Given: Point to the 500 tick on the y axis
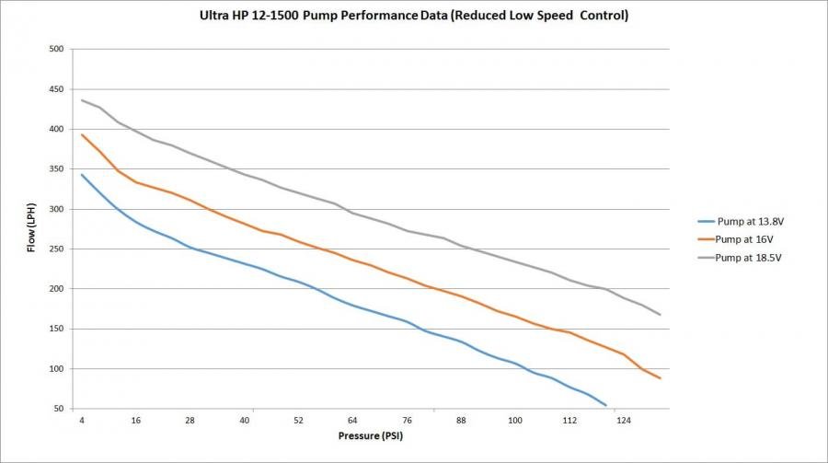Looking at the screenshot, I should pyautogui.click(x=56, y=49).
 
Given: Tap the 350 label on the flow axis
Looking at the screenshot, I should pyautogui.click(x=56, y=169).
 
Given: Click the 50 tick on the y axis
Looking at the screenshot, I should pyautogui.click(x=59, y=409).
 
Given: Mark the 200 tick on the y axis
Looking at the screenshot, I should pyautogui.click(x=56, y=289).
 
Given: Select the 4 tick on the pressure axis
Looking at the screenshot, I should pyautogui.click(x=82, y=421).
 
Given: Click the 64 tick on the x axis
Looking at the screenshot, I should pyautogui.click(x=352, y=421).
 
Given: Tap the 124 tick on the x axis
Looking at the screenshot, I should pyautogui.click(x=623, y=421).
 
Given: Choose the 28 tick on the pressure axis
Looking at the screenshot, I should pyautogui.click(x=190, y=421).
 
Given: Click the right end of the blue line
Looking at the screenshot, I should pyautogui.click(x=606, y=405).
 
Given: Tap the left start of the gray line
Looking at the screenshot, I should pyautogui.click(x=82, y=99).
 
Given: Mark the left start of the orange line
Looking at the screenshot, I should pyautogui.click(x=82, y=134).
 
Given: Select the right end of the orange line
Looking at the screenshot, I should pyautogui.click(x=661, y=378).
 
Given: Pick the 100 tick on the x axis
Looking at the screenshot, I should pyautogui.click(x=515, y=421).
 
